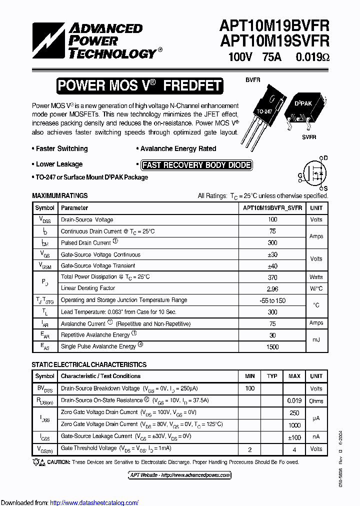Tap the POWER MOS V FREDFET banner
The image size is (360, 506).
pyautogui.click(x=139, y=85)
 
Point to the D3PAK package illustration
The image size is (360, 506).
pyautogui.click(x=304, y=110)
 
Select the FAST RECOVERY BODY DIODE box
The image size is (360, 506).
pyautogui.click(x=196, y=165)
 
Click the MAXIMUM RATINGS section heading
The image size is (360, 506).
pyautogui.click(x=59, y=196)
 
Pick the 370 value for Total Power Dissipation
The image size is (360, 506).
pyautogui.click(x=272, y=277)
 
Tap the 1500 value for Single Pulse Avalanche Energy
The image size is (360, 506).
pyautogui.click(x=272, y=346)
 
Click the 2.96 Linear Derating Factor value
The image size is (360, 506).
pyautogui.click(x=272, y=288)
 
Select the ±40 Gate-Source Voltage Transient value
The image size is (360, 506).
pyautogui.click(x=272, y=266)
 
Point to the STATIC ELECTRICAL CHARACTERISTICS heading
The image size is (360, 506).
pyautogui.click(x=89, y=365)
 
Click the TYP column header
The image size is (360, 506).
pyautogui.click(x=272, y=376)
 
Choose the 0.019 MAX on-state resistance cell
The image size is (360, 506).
pyautogui.click(x=294, y=400)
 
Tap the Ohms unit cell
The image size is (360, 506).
pyautogui.click(x=316, y=400)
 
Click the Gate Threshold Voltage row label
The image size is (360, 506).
pyautogui.click(x=88, y=448)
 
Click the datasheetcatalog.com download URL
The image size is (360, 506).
pyautogui.click(x=94, y=503)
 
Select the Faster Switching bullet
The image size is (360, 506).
pyautogui.click(x=61, y=149)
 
